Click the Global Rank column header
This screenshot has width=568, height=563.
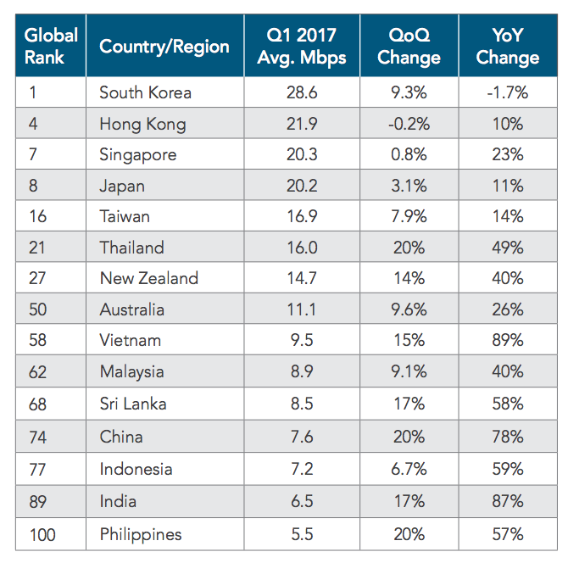(x=50, y=46)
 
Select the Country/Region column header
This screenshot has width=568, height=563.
(x=164, y=46)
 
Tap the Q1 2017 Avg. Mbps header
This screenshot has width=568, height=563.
(x=300, y=46)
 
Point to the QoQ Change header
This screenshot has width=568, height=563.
(x=409, y=46)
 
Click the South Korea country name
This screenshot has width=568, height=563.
(x=145, y=92)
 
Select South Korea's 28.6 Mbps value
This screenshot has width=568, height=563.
(x=300, y=92)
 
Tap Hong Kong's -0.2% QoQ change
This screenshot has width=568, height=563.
(x=409, y=124)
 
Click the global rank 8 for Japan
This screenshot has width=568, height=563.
(x=34, y=186)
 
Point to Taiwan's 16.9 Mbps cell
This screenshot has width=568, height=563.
(x=300, y=217)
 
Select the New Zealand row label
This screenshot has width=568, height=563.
(x=148, y=279)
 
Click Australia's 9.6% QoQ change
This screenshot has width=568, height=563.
(x=409, y=309)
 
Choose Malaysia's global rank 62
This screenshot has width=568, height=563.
(x=38, y=372)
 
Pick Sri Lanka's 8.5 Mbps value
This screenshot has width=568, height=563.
(x=300, y=404)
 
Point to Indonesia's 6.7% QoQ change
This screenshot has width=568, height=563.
(x=409, y=469)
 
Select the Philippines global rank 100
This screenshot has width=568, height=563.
(x=42, y=534)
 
